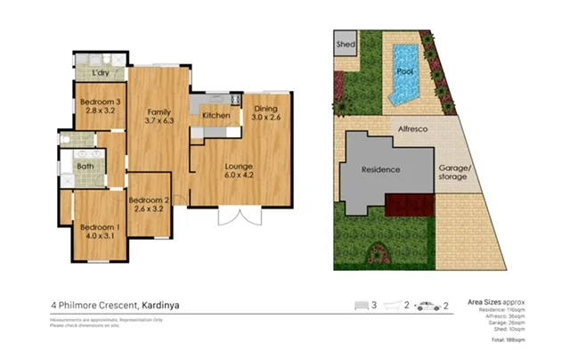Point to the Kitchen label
(x=216, y=116)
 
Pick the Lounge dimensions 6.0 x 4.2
(x=239, y=176)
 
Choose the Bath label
(x=85, y=166)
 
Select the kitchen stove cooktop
(x=236, y=101)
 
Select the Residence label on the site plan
(x=380, y=169)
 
